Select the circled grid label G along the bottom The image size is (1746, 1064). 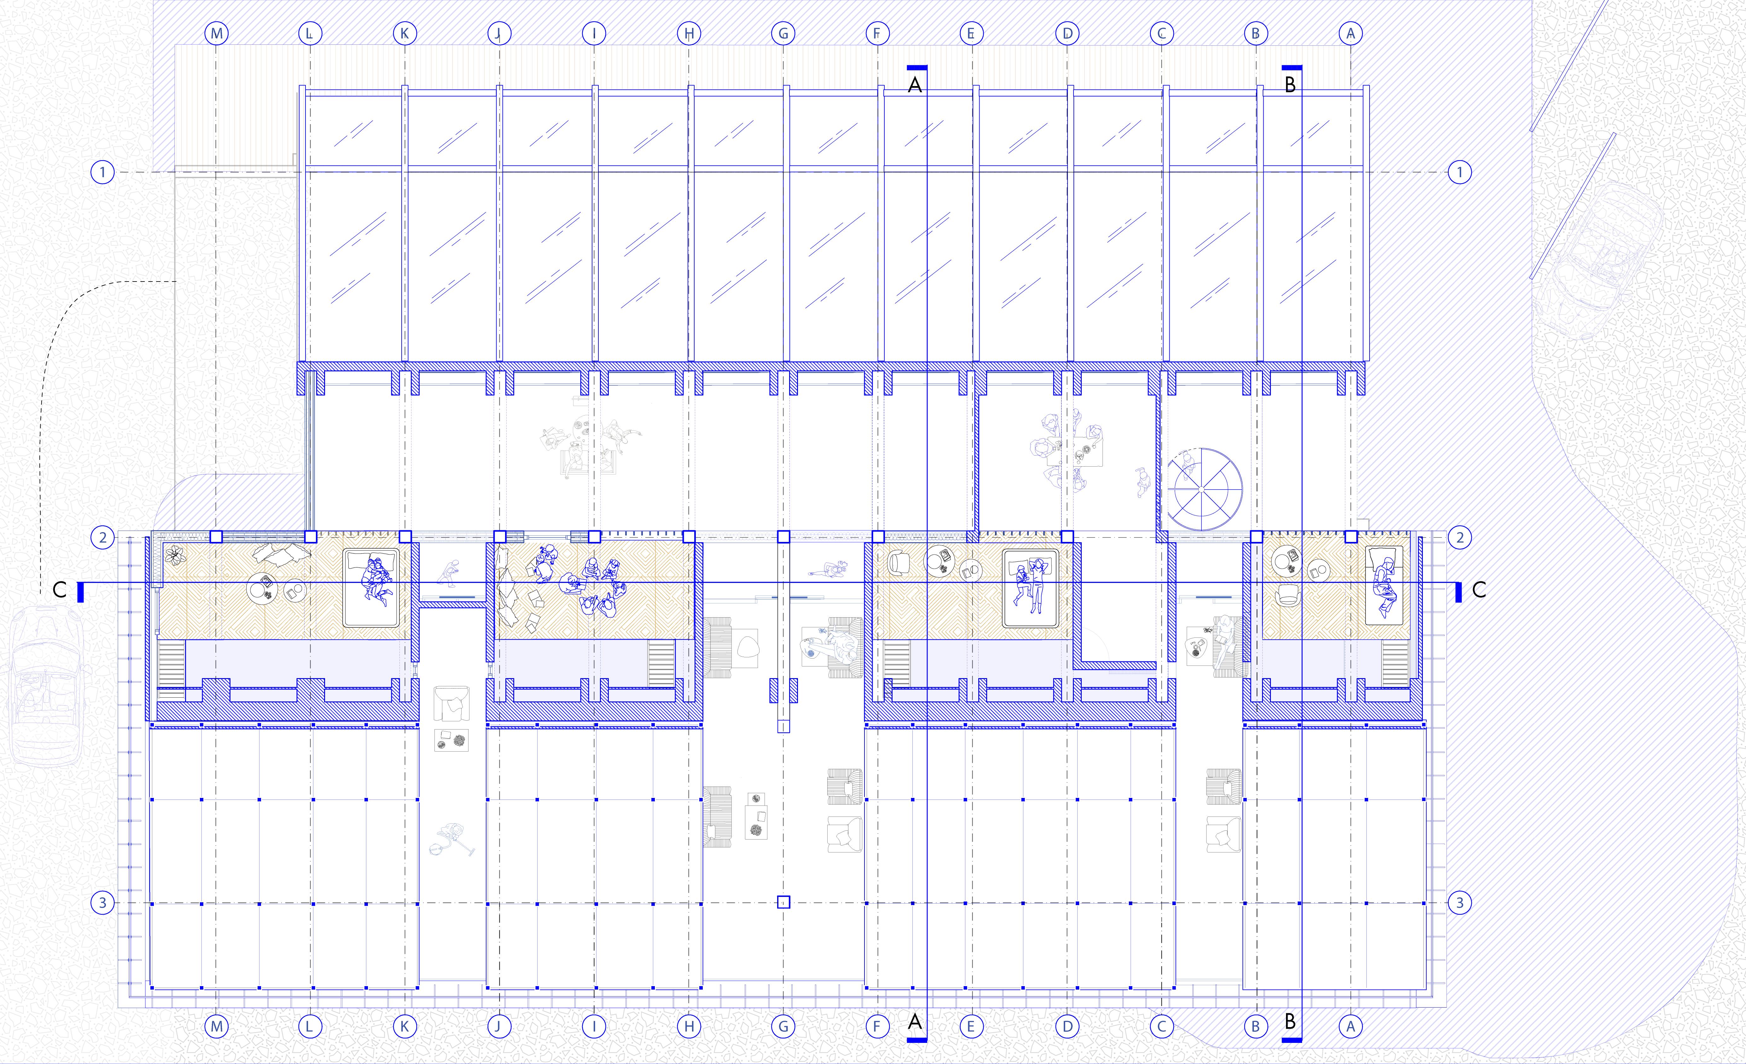click(783, 1026)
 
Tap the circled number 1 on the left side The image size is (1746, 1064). click(103, 172)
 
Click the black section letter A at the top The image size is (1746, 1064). click(915, 86)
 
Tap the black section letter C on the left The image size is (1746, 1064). click(60, 590)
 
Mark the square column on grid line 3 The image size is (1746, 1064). click(783, 903)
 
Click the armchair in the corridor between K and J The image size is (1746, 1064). click(451, 703)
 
